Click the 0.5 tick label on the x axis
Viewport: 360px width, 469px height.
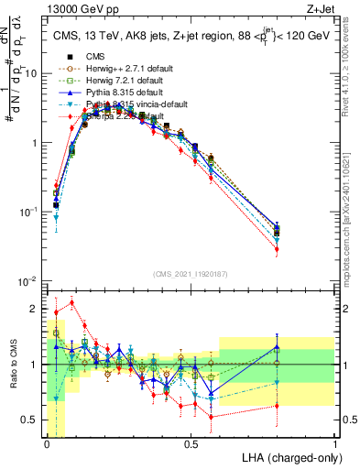coord(191,444)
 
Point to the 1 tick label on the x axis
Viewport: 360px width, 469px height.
coord(334,444)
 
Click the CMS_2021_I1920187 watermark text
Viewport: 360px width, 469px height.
coord(191,274)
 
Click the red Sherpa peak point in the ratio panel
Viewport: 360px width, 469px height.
coord(72,302)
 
